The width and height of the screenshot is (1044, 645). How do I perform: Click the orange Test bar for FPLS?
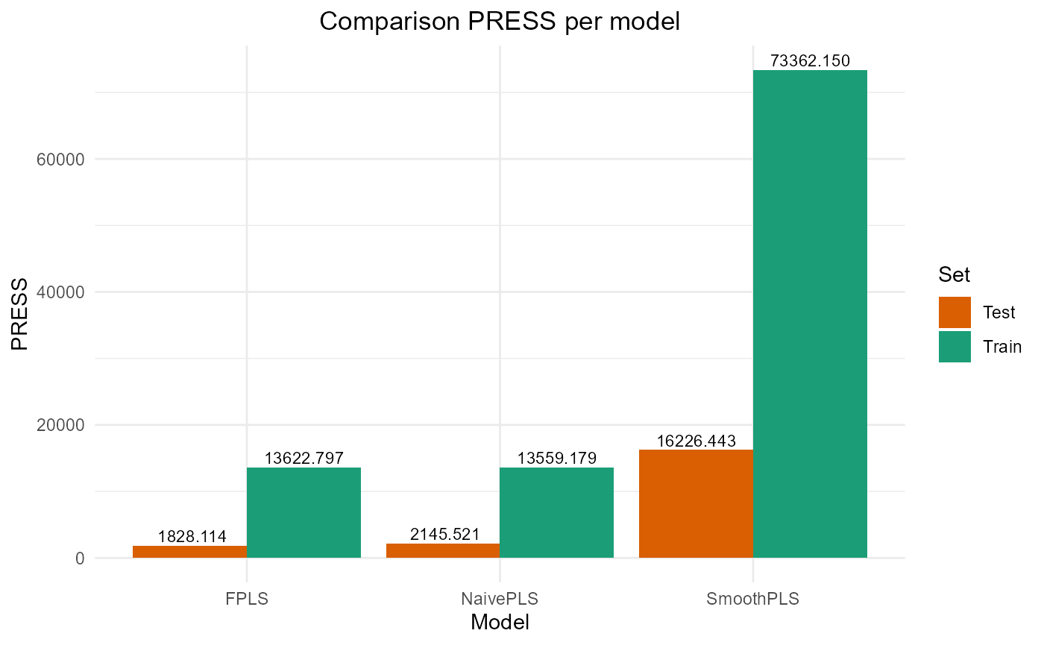point(189,551)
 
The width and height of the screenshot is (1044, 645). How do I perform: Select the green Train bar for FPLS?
point(304,512)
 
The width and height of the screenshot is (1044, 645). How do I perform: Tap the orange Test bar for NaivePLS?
point(443,550)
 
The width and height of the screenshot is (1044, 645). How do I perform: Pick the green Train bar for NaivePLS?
point(556,512)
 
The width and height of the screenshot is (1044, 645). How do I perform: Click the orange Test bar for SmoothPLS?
point(696,503)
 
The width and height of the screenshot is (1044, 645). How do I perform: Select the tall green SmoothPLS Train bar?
point(810,313)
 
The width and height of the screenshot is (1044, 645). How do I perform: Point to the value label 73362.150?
point(810,61)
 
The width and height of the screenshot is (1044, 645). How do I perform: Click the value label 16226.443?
point(696,441)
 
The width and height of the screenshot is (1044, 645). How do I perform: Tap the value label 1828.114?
point(192,537)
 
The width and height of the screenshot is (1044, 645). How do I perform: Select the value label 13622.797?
point(304,459)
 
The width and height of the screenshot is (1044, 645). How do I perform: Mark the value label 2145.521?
point(444,534)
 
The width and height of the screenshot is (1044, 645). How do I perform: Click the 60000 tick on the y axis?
point(62,159)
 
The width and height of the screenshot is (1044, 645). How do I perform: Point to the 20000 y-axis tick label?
point(62,425)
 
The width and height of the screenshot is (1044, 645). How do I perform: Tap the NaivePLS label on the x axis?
point(500,599)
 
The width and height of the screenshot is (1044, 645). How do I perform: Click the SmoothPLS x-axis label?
point(752,599)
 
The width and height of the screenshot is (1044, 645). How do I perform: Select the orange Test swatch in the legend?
point(955,312)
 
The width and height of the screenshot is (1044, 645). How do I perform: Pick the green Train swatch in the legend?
point(955,347)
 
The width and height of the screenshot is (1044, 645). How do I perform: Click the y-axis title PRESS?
point(21,314)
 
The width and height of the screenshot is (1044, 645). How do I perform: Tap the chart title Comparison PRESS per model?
point(500,22)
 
